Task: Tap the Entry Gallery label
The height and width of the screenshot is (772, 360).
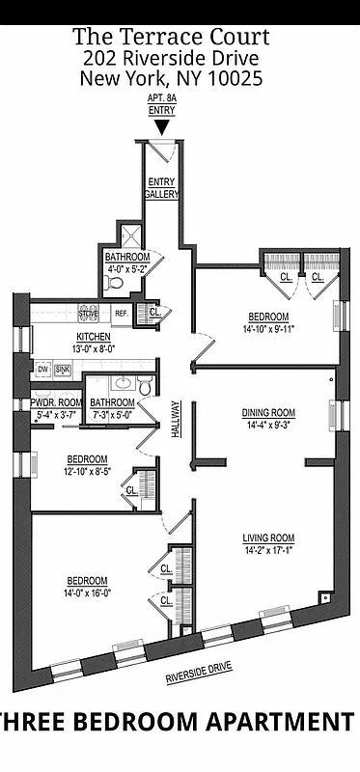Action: [x=161, y=188]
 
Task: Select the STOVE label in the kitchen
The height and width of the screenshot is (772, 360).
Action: [x=89, y=314]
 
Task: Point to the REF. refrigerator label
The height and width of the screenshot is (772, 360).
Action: [x=123, y=314]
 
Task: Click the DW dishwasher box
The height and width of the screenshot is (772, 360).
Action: [x=43, y=370]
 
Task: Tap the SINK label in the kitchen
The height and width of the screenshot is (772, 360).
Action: [x=63, y=370]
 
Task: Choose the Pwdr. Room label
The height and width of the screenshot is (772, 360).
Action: [x=55, y=402]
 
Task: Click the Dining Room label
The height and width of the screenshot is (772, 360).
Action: [x=267, y=412]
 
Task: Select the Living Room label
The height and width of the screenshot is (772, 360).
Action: [x=268, y=538]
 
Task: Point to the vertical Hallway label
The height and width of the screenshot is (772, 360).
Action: [x=175, y=421]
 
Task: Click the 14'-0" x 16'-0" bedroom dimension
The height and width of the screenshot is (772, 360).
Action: [x=87, y=593]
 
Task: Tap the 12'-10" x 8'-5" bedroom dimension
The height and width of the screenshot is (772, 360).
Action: [x=87, y=471]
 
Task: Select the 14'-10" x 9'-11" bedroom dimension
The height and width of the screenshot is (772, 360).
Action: [x=268, y=329]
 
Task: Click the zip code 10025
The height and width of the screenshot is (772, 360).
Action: [x=235, y=80]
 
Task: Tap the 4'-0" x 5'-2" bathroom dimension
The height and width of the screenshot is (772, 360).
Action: [x=127, y=269]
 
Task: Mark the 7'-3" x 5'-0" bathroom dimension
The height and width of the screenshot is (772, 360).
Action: [x=113, y=414]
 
